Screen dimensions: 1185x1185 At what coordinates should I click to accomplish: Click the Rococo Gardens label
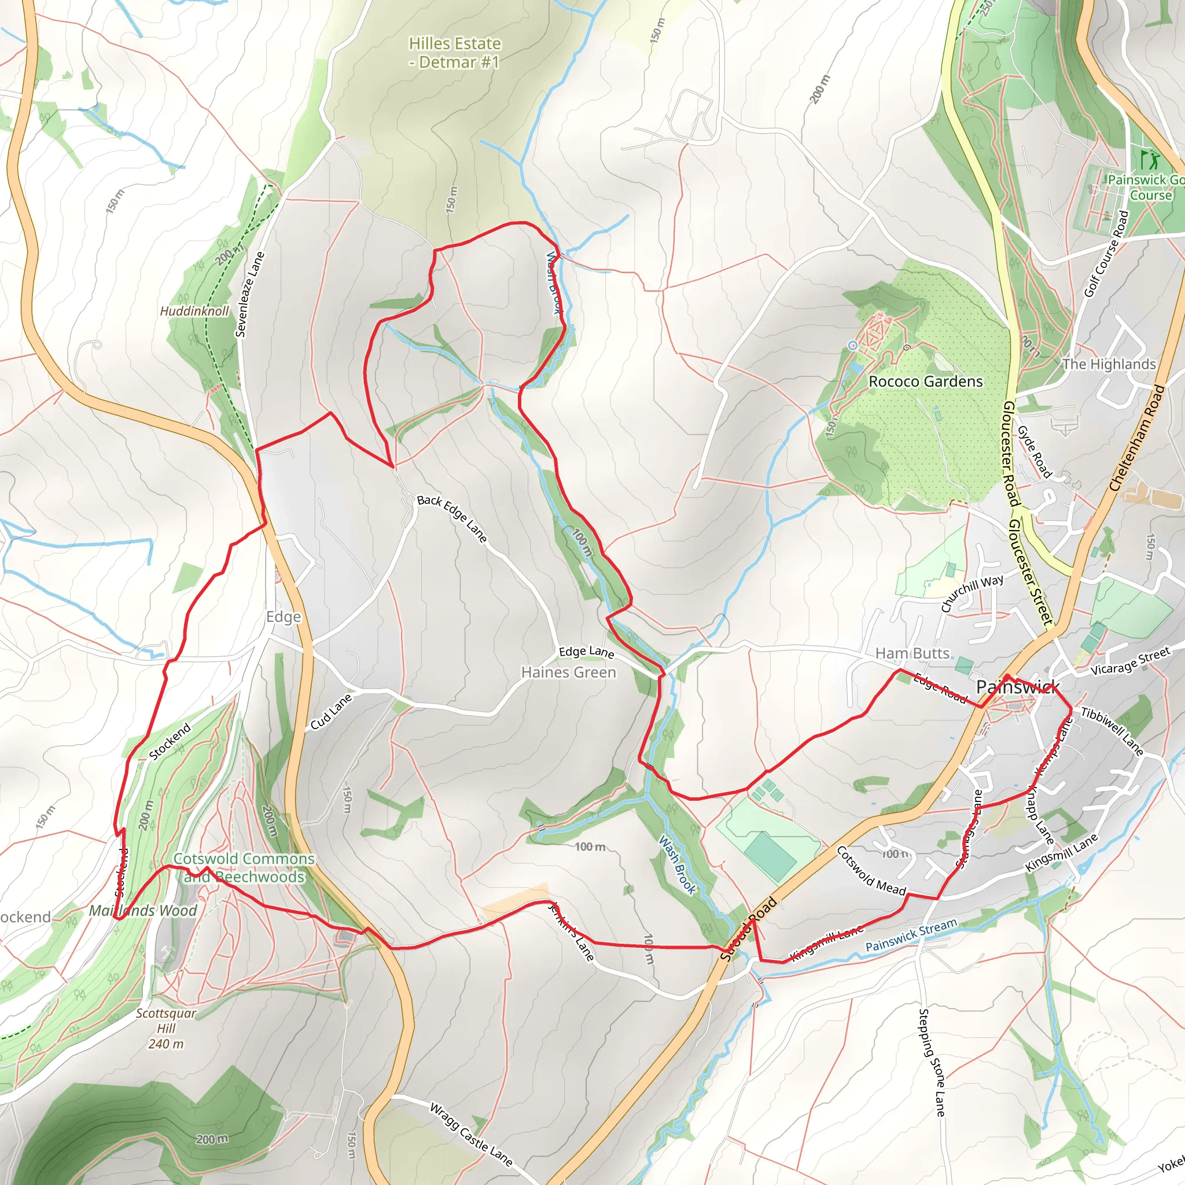pos(925,381)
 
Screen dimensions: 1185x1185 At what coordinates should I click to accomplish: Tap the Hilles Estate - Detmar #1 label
pos(454,53)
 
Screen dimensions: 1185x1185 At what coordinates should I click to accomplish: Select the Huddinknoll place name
pos(194,311)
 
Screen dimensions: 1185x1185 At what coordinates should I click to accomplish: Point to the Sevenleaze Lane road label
pos(249,295)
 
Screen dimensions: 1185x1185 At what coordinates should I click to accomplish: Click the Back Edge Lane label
pos(452,519)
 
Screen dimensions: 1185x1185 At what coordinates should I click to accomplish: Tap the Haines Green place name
pos(569,672)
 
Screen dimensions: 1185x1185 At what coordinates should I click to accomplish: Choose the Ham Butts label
pos(912,653)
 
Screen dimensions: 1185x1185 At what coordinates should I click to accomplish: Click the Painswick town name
pos(1018,687)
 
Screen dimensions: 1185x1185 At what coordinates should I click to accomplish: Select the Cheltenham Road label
pos(1136,438)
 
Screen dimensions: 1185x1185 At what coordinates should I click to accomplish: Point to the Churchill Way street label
pos(972,593)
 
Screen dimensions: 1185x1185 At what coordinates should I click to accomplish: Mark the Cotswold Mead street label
pos(871,870)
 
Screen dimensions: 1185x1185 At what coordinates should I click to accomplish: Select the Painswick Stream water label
pos(911,935)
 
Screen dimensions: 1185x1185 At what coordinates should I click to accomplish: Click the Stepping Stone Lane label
pos(932,1062)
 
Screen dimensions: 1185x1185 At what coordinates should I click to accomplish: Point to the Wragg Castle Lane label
pos(470,1134)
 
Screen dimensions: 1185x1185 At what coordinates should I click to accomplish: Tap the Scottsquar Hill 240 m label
pos(165,1029)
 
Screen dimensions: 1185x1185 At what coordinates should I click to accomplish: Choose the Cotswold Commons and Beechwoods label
pos(244,867)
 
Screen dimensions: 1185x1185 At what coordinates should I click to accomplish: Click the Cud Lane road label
pos(330,712)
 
